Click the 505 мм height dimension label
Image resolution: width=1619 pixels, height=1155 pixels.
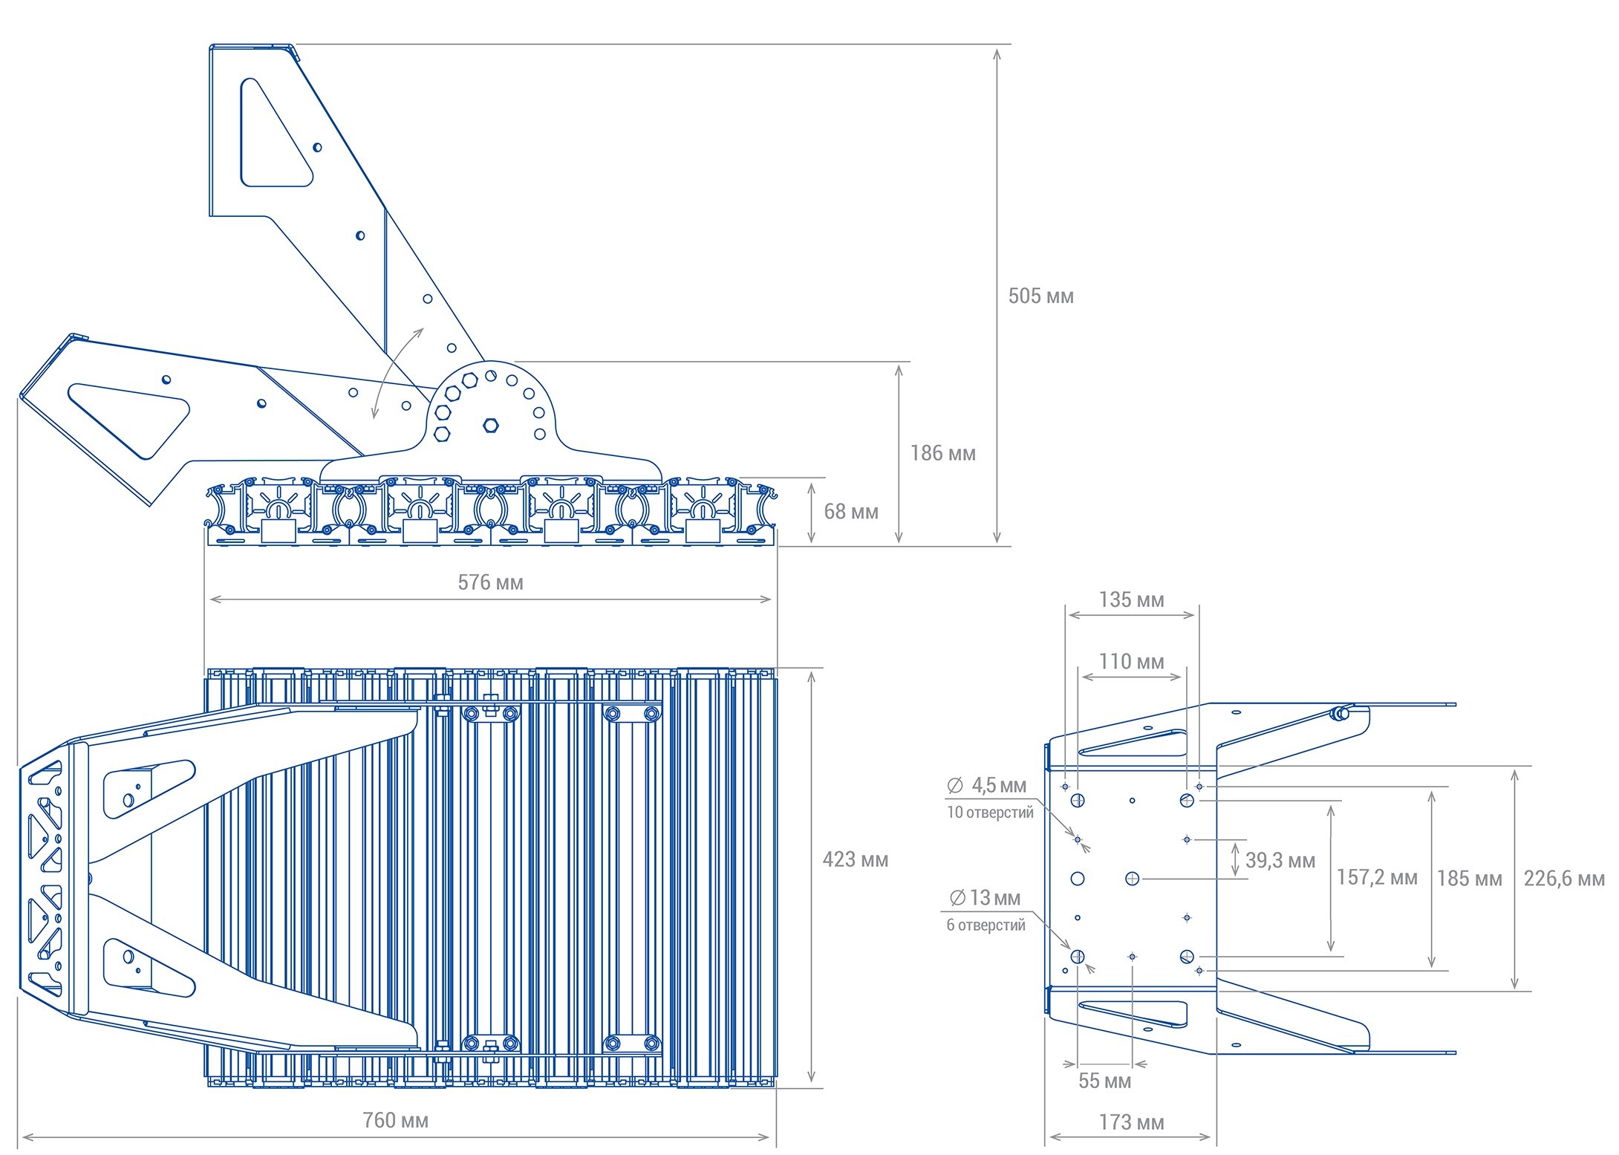(1040, 296)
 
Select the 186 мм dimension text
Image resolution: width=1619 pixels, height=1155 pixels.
(942, 453)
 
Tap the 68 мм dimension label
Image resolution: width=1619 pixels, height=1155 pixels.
(850, 512)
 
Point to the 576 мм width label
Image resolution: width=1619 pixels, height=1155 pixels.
(490, 582)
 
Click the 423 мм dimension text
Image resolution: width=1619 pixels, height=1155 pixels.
(855, 859)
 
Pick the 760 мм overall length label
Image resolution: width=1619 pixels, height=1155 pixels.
(395, 1120)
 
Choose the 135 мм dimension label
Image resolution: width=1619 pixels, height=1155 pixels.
(1131, 599)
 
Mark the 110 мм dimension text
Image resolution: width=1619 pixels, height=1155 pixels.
(1131, 661)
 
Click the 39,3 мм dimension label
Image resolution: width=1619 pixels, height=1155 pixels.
(1280, 860)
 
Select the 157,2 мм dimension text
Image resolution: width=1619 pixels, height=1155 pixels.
(1376, 877)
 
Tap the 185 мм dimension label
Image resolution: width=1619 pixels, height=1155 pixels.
(1469, 878)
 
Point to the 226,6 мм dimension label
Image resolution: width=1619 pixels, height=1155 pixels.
(1563, 878)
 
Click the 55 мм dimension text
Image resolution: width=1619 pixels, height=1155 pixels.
(1104, 1081)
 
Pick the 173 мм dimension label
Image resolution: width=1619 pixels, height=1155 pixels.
(1131, 1122)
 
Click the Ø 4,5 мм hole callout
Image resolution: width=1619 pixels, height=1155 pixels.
(987, 785)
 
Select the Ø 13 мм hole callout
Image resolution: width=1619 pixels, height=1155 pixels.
(985, 898)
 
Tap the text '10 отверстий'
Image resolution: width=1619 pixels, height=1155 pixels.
(990, 813)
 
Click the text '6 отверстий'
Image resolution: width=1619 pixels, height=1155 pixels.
(986, 925)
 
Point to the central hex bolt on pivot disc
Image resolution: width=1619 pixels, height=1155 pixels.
(490, 426)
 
